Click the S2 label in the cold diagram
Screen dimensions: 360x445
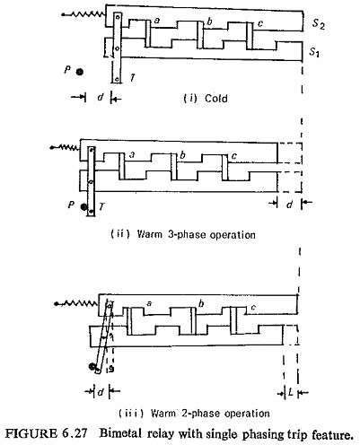click(x=318, y=23)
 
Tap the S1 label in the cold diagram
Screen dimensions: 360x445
click(x=314, y=52)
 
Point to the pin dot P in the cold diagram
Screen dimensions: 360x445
click(x=79, y=72)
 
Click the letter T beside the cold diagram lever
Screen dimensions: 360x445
click(x=132, y=78)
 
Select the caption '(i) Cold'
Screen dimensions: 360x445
click(x=206, y=98)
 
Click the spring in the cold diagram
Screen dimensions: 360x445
click(x=83, y=13)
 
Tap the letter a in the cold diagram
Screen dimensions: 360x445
click(x=157, y=21)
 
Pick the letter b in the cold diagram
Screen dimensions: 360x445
click(x=209, y=21)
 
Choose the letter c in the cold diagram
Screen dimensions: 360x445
click(x=260, y=23)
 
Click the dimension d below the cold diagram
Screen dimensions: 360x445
click(x=101, y=97)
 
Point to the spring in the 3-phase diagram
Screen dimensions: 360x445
click(x=66, y=147)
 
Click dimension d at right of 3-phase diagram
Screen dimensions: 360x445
click(x=289, y=205)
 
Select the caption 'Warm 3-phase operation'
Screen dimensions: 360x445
click(x=197, y=234)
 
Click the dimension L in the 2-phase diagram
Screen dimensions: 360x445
click(x=290, y=392)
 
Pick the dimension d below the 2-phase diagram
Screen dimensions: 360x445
click(x=101, y=391)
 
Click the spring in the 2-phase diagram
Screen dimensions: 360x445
click(x=76, y=304)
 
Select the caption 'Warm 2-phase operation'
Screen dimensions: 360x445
click(x=210, y=414)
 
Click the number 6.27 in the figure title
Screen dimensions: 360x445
click(x=75, y=433)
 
